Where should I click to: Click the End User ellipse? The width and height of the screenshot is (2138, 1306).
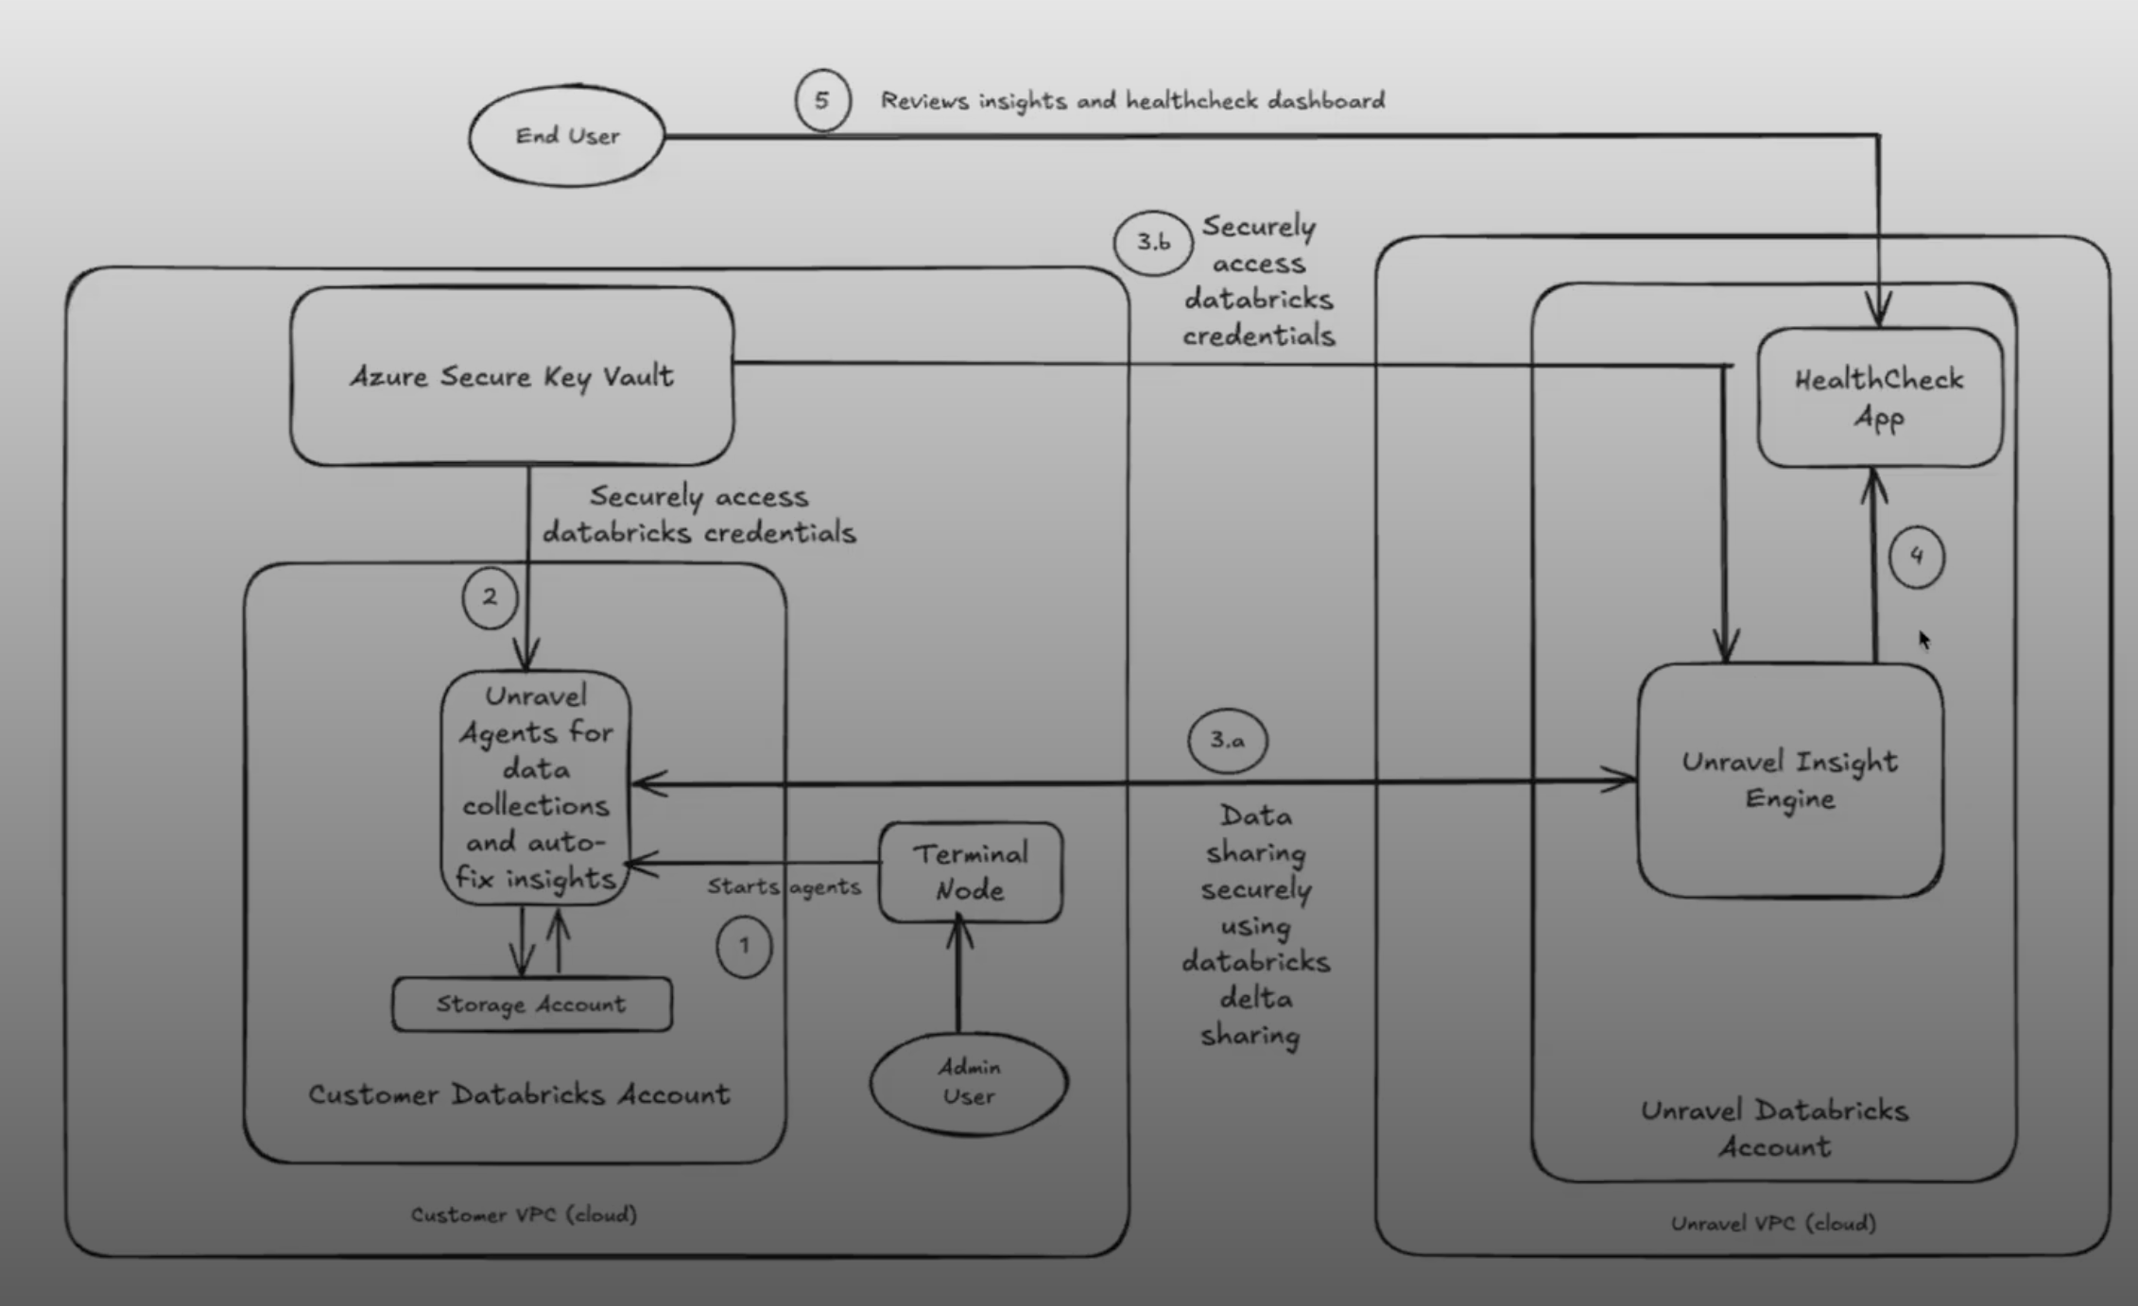567,136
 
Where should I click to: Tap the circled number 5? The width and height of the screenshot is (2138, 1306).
822,100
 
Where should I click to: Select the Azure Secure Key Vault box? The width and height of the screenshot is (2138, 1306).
511,376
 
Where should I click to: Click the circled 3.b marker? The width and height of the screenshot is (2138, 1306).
1152,243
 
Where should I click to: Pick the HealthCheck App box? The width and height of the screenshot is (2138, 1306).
1879,398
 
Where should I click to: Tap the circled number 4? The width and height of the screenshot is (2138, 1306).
1916,557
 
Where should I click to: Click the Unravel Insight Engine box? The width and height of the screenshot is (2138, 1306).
1789,781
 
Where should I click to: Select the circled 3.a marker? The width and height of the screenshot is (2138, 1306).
1227,740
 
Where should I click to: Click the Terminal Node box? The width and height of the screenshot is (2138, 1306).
970,871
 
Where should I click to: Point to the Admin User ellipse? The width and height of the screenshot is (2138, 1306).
969,1082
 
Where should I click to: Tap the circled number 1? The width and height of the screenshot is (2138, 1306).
744,946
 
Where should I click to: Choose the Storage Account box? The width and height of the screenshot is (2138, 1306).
531,1004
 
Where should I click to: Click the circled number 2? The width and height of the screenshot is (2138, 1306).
490,597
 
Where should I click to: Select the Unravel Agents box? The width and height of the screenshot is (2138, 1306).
536,787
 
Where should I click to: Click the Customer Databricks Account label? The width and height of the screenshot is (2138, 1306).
519,1094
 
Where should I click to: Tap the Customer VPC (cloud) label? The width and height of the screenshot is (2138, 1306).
524,1214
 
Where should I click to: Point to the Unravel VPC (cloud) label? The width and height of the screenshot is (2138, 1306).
1773,1223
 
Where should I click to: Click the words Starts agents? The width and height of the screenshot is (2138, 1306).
784,886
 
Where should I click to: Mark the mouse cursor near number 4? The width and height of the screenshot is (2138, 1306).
1923,640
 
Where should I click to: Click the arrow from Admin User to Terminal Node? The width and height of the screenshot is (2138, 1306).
958,978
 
